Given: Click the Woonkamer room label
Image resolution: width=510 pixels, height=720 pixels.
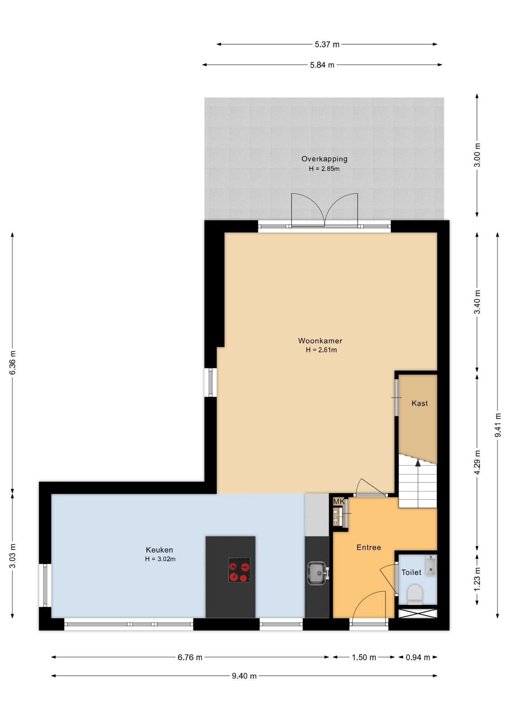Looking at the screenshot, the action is (x=320, y=341).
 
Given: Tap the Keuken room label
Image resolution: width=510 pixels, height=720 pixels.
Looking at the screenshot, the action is (x=159, y=550).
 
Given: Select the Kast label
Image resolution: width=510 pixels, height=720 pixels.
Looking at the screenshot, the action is (x=419, y=403).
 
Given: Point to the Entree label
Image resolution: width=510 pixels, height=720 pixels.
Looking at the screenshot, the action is (x=368, y=547).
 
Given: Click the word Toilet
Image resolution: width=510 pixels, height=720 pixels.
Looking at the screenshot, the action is (x=411, y=572).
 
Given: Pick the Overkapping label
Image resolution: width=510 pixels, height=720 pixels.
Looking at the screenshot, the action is (x=324, y=159).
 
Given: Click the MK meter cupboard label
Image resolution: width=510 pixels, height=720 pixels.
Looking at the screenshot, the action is (x=338, y=501).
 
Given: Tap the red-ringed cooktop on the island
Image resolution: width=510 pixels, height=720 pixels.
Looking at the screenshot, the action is (x=239, y=570).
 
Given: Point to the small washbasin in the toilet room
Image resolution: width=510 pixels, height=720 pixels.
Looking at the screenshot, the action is (x=431, y=565).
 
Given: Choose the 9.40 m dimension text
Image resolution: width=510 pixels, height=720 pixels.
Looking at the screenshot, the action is (x=244, y=676).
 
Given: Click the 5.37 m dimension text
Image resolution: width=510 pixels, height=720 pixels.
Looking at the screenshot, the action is (x=327, y=44).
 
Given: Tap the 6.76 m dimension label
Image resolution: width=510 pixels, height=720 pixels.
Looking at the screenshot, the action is (x=190, y=657).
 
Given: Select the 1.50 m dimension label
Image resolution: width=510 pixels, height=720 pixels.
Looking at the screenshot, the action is (x=364, y=657).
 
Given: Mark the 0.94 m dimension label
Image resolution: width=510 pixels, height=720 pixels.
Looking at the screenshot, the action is (x=418, y=657).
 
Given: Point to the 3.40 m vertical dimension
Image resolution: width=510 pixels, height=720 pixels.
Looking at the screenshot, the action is (x=477, y=302).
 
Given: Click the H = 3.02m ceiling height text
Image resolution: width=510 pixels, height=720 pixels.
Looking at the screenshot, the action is (x=160, y=559).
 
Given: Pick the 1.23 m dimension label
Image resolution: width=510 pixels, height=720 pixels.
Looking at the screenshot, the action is (x=477, y=579).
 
